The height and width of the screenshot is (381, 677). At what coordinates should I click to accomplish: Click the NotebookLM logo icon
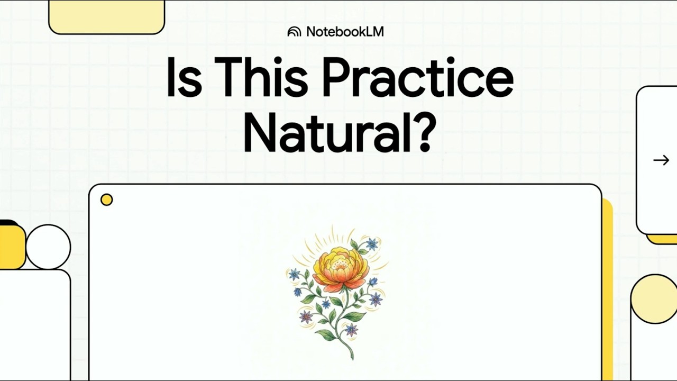click(x=294, y=32)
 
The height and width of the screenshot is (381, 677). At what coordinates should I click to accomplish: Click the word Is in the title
click(x=185, y=77)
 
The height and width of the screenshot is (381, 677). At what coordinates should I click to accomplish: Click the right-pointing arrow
click(x=661, y=160)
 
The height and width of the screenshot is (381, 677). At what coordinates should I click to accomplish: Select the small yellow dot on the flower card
click(x=106, y=200)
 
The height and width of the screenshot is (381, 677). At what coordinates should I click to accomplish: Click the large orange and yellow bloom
click(x=341, y=268)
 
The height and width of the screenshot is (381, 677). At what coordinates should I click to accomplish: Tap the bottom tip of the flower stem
click(x=352, y=359)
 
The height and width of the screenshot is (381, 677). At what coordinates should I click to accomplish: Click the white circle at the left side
click(x=48, y=247)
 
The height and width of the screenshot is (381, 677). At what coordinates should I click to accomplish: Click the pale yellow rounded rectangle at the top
click(x=107, y=16)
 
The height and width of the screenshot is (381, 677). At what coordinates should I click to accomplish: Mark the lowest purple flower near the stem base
click(x=352, y=330)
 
